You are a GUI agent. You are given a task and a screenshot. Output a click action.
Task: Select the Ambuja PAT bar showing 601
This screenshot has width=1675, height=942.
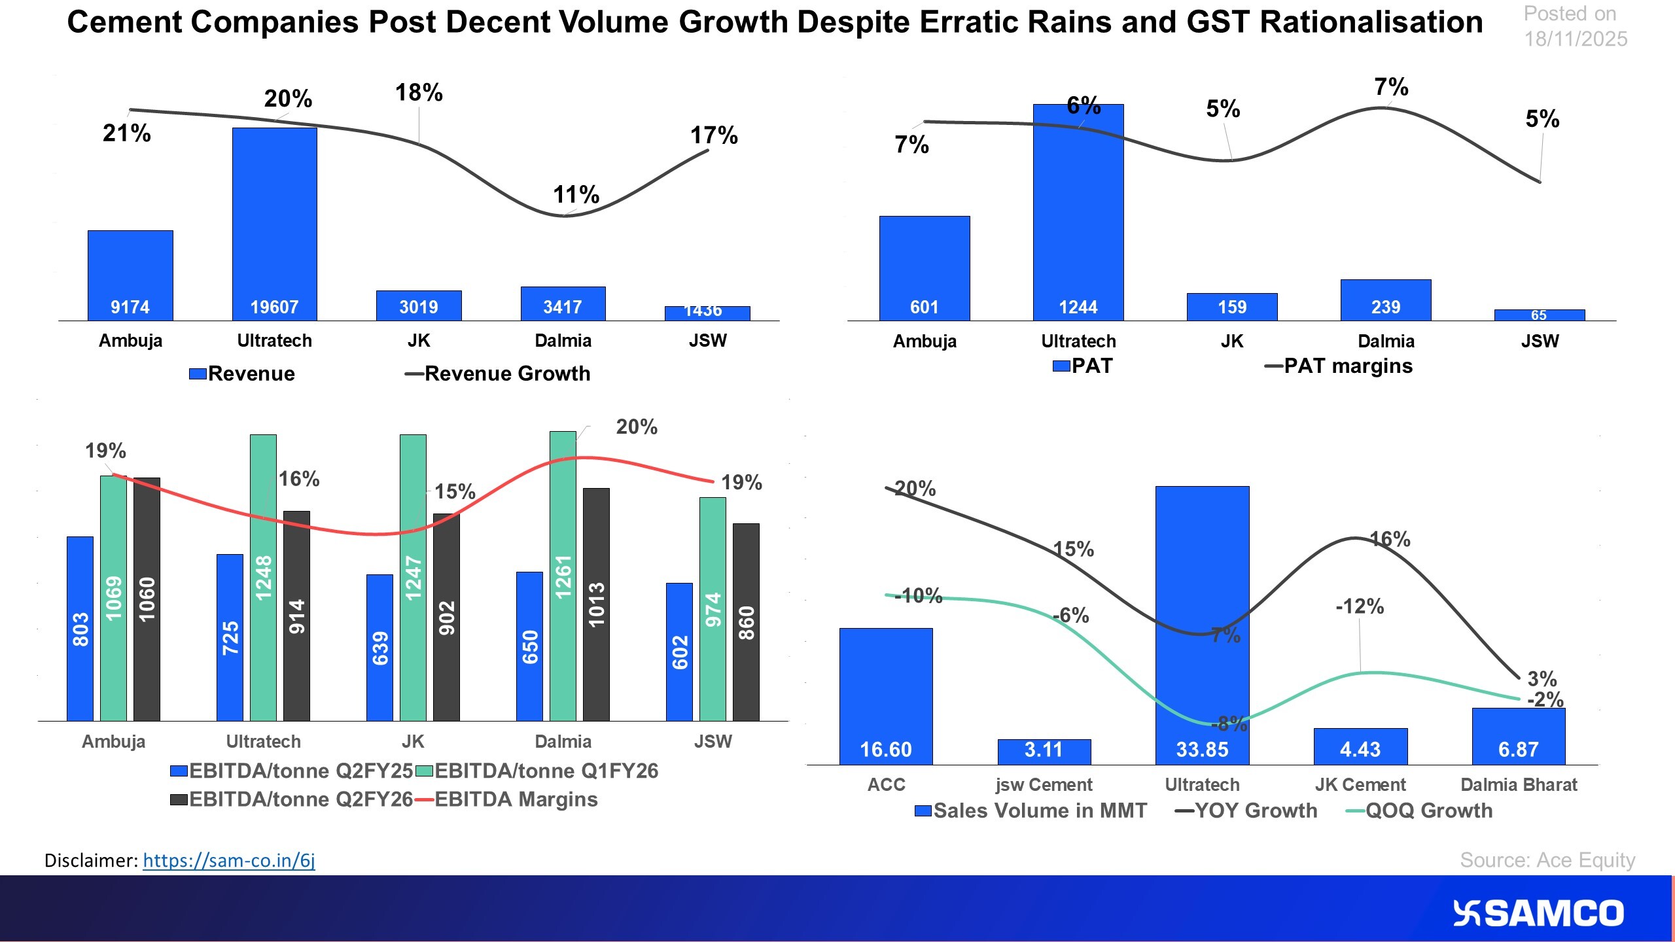tap(924, 268)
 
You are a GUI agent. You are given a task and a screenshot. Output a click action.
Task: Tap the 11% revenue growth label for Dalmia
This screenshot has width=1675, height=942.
tap(576, 194)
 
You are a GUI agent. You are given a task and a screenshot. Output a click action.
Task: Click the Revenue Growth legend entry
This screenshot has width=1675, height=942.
tap(499, 374)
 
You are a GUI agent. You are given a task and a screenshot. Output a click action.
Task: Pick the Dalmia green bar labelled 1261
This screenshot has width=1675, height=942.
tap(563, 576)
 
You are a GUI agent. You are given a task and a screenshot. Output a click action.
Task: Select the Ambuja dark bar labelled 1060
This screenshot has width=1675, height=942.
tap(147, 599)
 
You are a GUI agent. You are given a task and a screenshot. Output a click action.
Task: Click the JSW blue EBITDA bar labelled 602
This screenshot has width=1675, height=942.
tap(679, 652)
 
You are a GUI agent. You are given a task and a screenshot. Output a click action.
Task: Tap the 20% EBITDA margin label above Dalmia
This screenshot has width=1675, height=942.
tap(636, 427)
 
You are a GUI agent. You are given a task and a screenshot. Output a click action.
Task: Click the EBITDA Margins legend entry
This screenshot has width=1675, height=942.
tap(507, 799)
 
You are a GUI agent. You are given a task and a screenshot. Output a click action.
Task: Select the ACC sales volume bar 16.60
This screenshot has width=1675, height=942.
tap(885, 696)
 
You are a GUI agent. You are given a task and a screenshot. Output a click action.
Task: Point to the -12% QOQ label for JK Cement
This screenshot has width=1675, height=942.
tap(1360, 606)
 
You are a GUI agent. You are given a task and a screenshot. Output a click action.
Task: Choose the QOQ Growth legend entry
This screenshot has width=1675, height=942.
tap(1420, 811)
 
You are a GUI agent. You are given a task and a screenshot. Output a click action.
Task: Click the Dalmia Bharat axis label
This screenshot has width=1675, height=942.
tap(1518, 784)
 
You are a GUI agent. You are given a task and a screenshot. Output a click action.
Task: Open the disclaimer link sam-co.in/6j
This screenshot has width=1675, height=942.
tap(228, 860)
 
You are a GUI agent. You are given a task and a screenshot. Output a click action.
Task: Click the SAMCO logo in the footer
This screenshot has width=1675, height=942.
tap(1538, 913)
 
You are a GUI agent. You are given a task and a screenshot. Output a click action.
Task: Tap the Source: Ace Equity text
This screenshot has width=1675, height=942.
tap(1547, 860)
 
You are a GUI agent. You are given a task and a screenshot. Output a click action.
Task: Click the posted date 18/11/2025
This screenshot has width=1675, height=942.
tap(1575, 39)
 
